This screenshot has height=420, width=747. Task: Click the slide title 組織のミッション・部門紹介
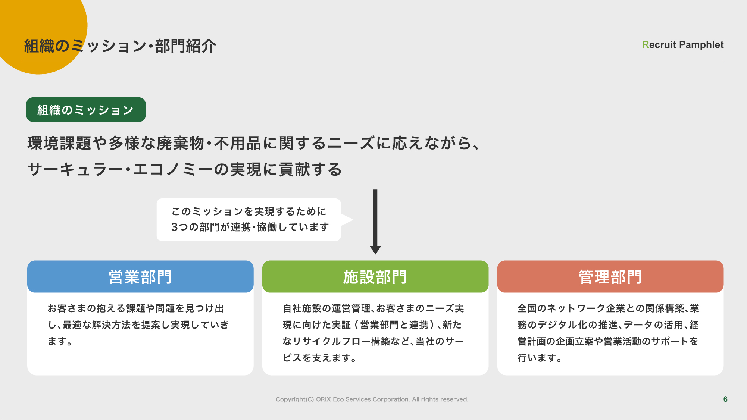pyautogui.click(x=120, y=46)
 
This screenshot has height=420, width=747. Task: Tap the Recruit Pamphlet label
pyautogui.click(x=683, y=45)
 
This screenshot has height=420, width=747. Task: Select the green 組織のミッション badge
pyautogui.click(x=86, y=110)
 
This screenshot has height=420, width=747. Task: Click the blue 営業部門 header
pyautogui.click(x=140, y=276)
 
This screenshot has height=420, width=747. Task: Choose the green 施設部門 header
pyautogui.click(x=375, y=276)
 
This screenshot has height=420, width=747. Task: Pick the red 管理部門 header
pyautogui.click(x=610, y=276)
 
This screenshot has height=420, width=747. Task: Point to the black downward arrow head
pyautogui.click(x=375, y=250)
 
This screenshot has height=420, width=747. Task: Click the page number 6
pyautogui.click(x=725, y=399)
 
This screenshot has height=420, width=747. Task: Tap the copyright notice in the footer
pyautogui.click(x=372, y=399)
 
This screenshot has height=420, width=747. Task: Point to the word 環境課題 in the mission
pyautogui.click(x=59, y=143)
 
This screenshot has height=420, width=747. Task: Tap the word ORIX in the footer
pyautogui.click(x=324, y=399)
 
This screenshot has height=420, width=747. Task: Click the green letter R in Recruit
pyautogui.click(x=646, y=45)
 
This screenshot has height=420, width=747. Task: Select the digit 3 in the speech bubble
pyautogui.click(x=174, y=227)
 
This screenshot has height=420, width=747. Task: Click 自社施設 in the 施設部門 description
pyautogui.click(x=302, y=308)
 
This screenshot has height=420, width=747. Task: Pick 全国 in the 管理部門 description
pyautogui.click(x=527, y=308)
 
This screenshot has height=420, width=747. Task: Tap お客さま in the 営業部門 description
pyautogui.click(x=67, y=308)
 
